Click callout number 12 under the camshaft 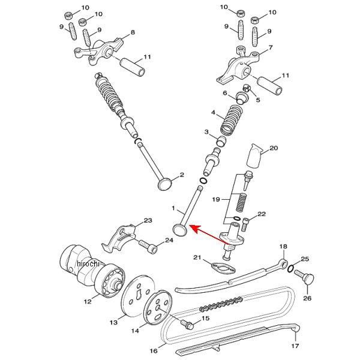pyautogui.click(x=88, y=300)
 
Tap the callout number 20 pyautogui.click(x=274, y=148)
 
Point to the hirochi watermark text pyautogui.click(x=87, y=264)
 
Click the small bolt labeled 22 pyautogui.click(x=246, y=226)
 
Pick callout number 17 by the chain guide pyautogui.click(x=294, y=346)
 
